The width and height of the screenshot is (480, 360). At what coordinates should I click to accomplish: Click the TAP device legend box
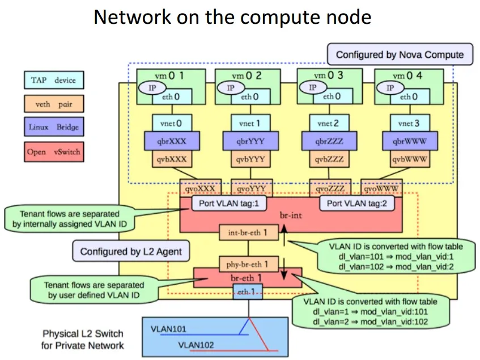click(x=53, y=81)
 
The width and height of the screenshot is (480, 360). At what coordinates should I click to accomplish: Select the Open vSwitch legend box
click(x=53, y=151)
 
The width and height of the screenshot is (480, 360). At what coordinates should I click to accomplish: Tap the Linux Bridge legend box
click(x=53, y=127)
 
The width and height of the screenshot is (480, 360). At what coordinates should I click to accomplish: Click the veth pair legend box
click(x=53, y=104)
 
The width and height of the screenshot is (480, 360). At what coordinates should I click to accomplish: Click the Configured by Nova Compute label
click(x=400, y=54)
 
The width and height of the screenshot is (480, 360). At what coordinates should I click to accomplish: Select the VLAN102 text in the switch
click(x=198, y=344)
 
